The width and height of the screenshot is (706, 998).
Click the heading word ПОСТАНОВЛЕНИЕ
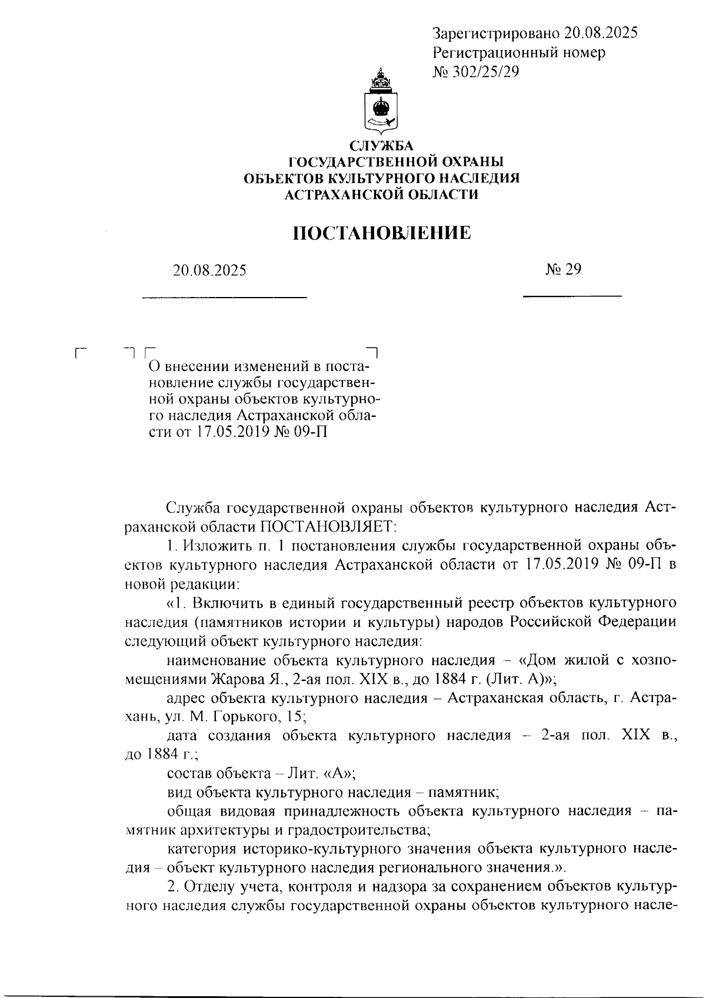[x=382, y=233]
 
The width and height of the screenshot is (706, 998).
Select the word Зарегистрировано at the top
[x=495, y=33]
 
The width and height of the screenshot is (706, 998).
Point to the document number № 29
[x=563, y=269]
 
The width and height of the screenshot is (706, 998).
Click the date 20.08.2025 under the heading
[x=209, y=271]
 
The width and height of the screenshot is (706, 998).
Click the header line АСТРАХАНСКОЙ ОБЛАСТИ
[x=382, y=195]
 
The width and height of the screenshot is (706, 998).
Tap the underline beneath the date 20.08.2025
[x=225, y=296]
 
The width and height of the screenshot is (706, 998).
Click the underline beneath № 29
[x=572, y=295]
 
